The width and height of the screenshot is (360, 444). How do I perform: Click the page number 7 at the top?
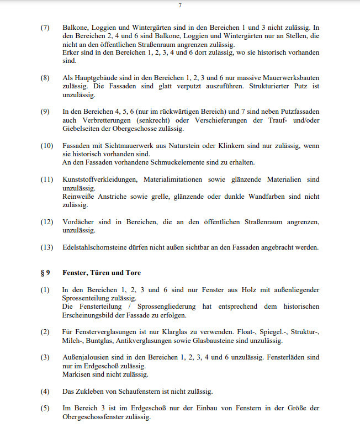click(180, 6)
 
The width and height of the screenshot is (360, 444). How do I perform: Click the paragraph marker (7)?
click(45, 27)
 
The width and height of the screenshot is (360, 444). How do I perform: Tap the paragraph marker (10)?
click(46, 146)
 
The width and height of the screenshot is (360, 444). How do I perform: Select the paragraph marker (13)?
click(46, 247)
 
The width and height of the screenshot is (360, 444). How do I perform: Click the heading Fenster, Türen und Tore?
click(102, 273)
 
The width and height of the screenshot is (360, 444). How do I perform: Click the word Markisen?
click(76, 374)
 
